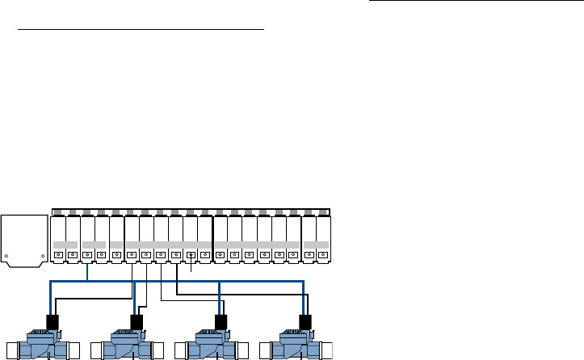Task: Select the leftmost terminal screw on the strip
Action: pyautogui.click(x=58, y=255)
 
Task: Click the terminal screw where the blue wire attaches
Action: pyautogui.click(x=87, y=255)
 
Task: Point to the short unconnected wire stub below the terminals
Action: pyautogui.click(x=191, y=266)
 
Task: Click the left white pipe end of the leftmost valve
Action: pyautogui.click(x=10, y=350)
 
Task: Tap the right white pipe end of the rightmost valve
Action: pyautogui.click(x=332, y=350)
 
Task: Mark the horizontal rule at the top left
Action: pyautogui.click(x=141, y=28)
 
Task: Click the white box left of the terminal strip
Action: pyautogui.click(x=23, y=241)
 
